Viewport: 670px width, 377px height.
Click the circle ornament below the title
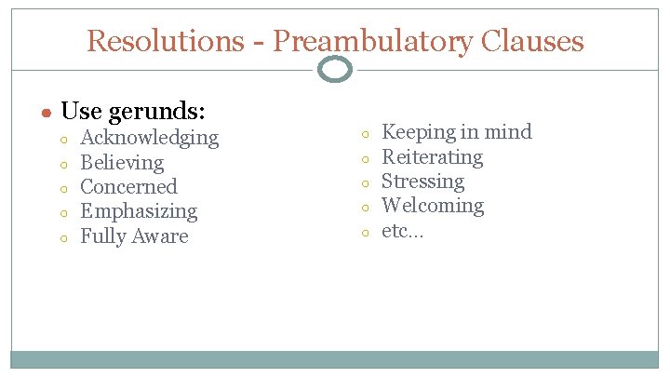click(335, 69)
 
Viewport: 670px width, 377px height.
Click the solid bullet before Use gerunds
click(46, 113)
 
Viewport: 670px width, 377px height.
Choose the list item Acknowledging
click(150, 138)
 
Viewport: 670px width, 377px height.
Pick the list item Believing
click(122, 163)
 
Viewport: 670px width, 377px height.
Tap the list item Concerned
click(128, 187)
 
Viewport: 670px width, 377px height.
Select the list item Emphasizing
click(139, 212)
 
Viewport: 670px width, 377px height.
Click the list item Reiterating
click(433, 157)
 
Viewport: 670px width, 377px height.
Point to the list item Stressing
click(422, 182)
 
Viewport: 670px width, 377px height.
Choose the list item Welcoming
click(433, 206)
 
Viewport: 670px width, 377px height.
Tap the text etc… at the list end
click(402, 231)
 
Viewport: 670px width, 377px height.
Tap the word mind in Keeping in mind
click(507, 132)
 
